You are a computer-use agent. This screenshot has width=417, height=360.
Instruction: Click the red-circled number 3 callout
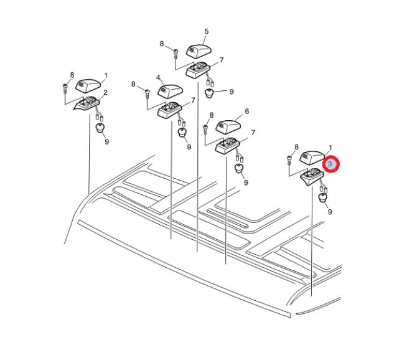[330, 164]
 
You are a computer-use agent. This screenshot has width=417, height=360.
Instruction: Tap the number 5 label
[207, 32]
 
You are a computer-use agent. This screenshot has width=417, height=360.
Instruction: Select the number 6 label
[246, 111]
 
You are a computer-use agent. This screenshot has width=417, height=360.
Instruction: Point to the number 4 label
[158, 77]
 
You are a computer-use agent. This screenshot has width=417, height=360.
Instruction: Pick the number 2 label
[105, 92]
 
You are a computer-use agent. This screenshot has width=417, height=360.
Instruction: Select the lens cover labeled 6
[228, 126]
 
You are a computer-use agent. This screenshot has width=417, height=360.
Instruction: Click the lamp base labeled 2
[87, 103]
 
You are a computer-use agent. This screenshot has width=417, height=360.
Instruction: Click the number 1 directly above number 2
[106, 76]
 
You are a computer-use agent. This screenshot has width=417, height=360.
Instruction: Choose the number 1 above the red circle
[330, 148]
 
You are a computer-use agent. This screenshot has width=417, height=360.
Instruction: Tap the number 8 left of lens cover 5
[162, 44]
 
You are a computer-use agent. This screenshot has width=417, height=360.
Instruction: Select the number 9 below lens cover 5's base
[232, 92]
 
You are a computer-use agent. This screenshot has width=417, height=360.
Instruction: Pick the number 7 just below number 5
[222, 60]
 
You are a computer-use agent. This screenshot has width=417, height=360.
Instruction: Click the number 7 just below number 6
[253, 133]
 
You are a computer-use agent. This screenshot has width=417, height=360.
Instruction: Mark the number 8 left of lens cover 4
[134, 84]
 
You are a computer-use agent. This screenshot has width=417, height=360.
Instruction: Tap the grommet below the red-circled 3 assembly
[323, 198]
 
